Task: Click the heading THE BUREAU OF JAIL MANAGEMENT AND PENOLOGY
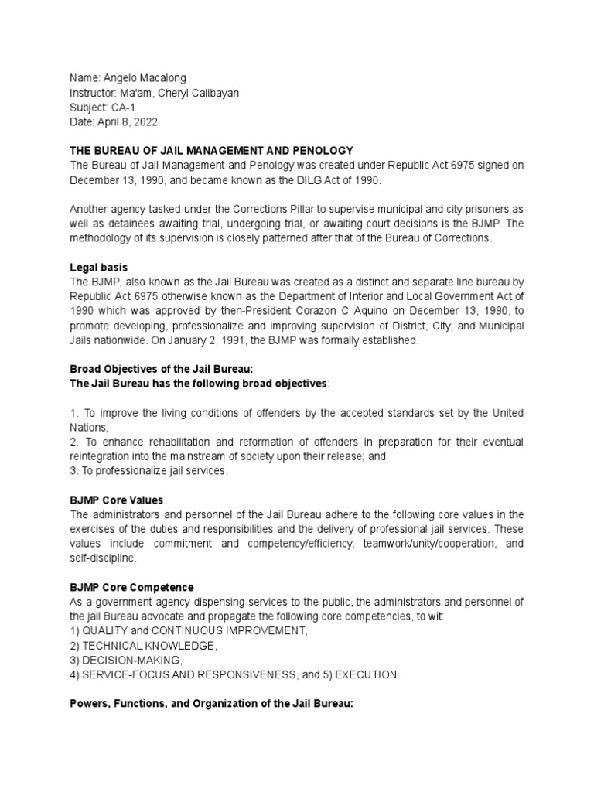[211, 150]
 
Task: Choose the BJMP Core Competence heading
[131, 588]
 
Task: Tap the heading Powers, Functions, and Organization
[211, 705]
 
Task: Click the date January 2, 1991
[249, 340]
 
